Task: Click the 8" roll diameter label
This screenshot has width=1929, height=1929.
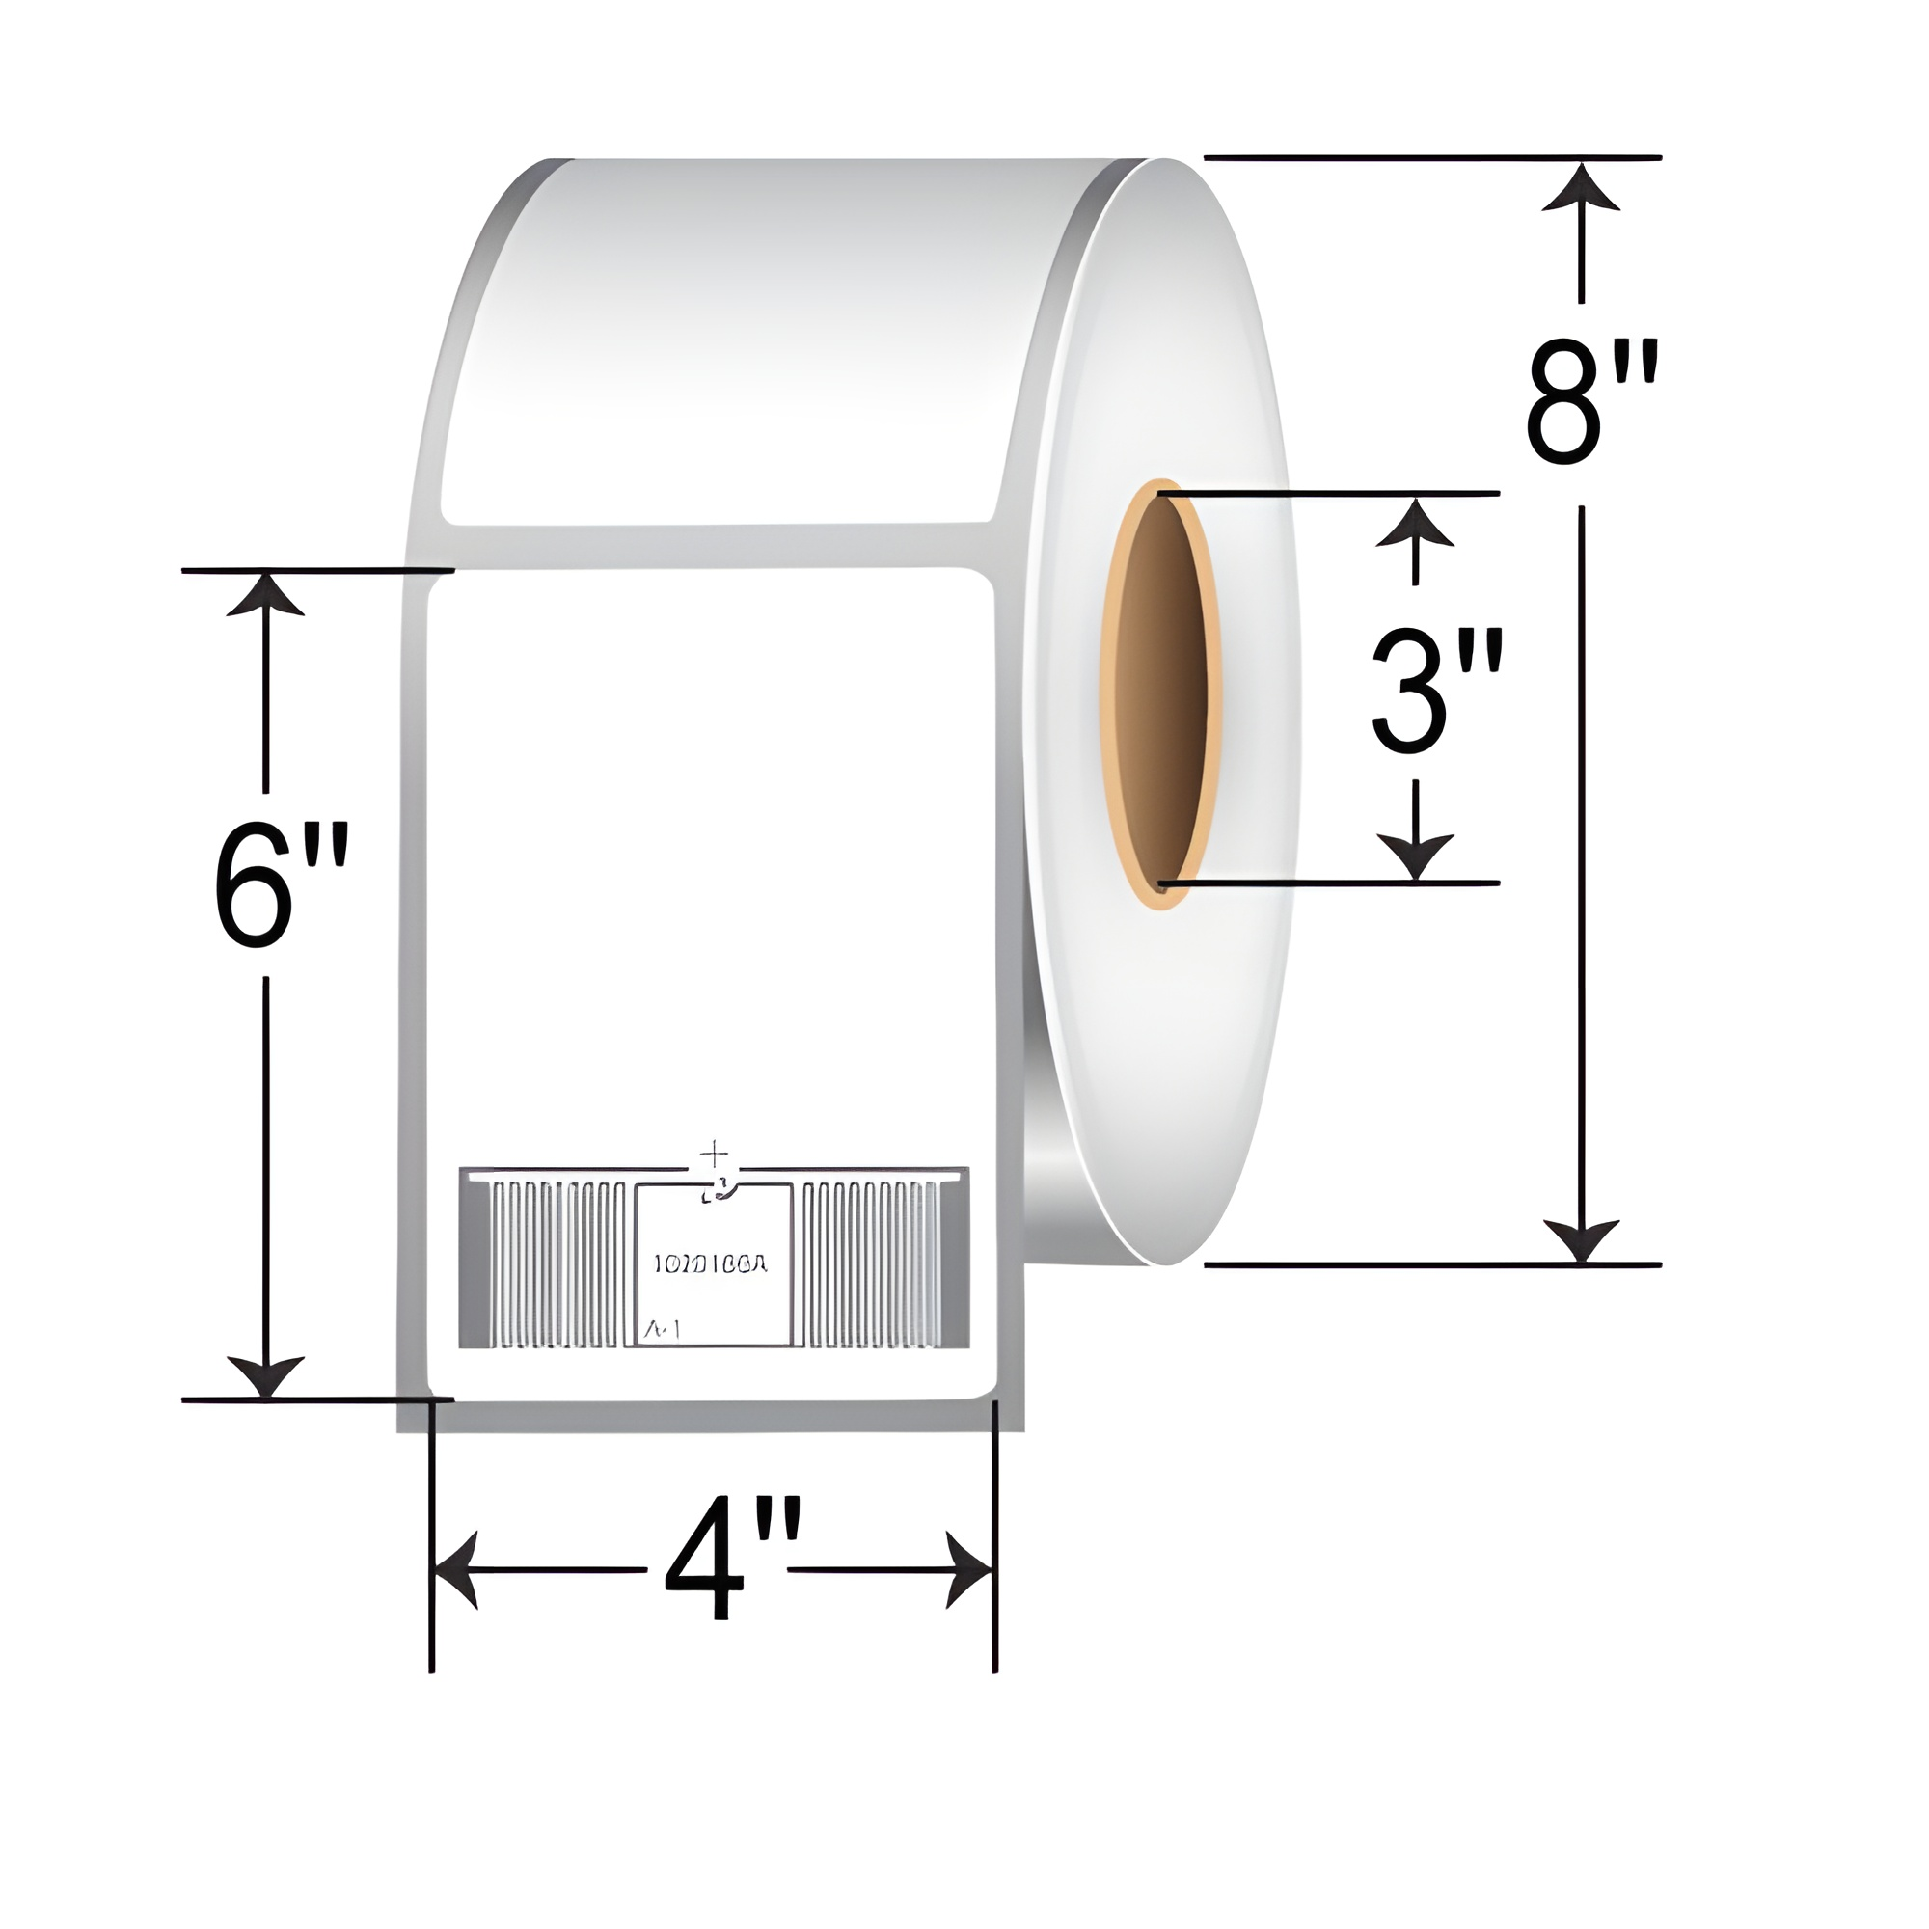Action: pos(1591,403)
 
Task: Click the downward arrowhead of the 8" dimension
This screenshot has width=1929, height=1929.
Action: pos(1581,1238)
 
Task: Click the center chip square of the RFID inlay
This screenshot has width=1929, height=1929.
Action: pos(714,1264)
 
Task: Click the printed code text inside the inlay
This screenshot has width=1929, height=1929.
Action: pos(710,1264)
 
